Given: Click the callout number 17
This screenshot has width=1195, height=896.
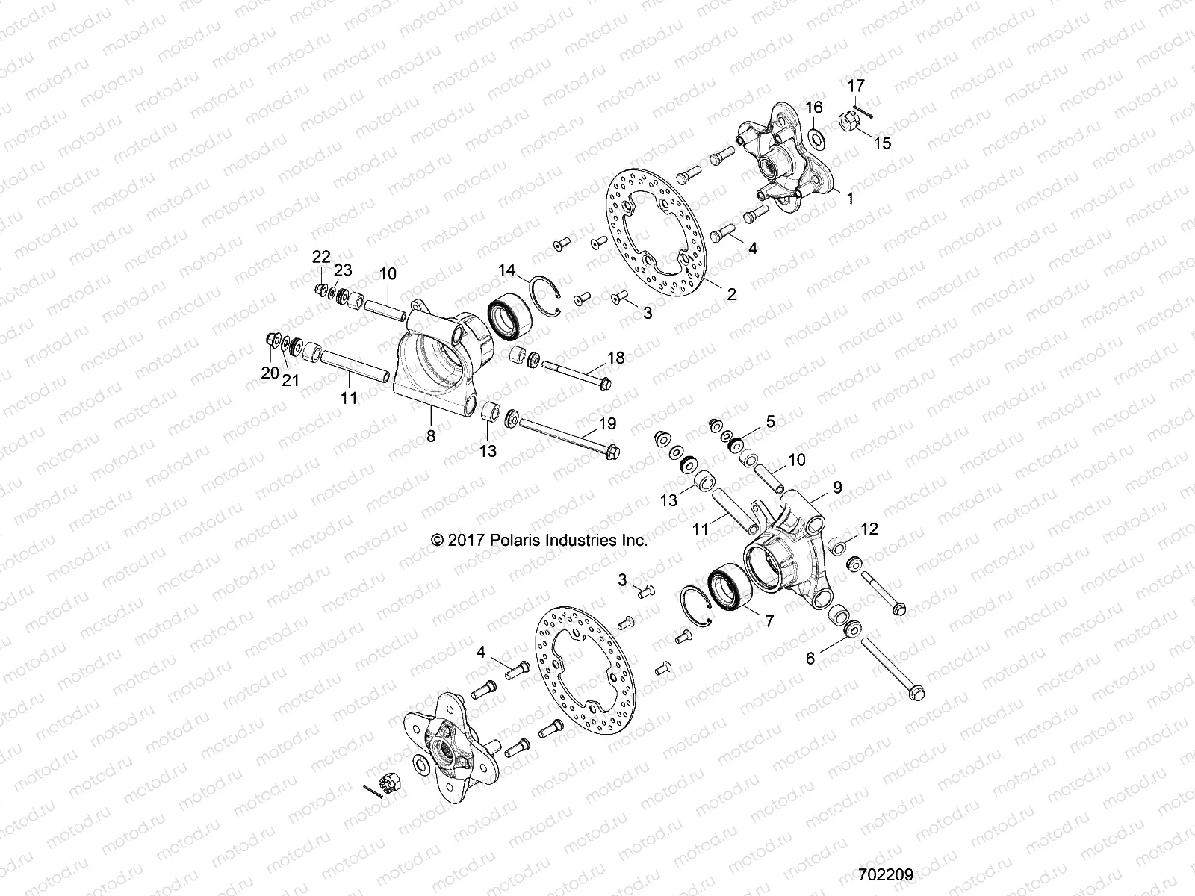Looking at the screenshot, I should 856,86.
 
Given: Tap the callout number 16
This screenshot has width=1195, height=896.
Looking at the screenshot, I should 814,108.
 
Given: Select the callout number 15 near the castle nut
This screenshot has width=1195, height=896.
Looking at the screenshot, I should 883,143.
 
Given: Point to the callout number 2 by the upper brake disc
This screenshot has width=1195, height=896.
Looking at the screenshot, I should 731,294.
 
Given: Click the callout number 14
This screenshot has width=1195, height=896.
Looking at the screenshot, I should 508,269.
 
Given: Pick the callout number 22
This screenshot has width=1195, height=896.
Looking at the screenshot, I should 321,257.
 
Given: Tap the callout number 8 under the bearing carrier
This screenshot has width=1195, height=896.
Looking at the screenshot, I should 431,437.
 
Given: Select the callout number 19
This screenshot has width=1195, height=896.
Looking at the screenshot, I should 607,424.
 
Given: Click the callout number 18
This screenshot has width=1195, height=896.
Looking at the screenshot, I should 615,358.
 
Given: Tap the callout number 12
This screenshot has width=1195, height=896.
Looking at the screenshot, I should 869,529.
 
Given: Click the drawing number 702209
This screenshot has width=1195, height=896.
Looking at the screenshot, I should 887,871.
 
